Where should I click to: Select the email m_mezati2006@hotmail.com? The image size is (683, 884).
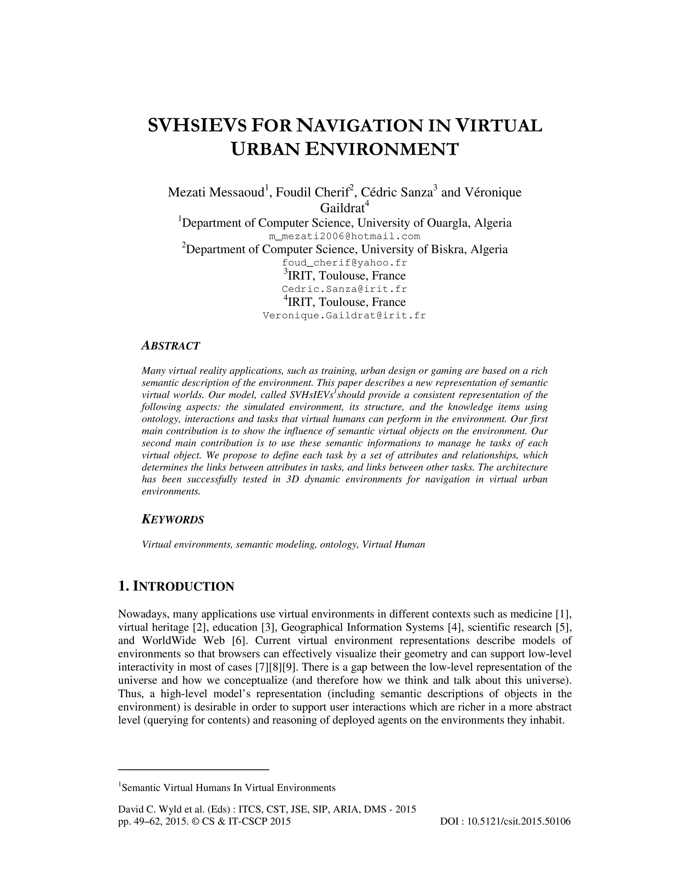pyautogui.click(x=344, y=236)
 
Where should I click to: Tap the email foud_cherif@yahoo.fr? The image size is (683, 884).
pyautogui.click(x=344, y=263)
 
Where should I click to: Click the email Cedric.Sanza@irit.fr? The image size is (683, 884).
pyautogui.click(x=344, y=289)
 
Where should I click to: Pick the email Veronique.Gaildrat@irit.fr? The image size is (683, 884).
pyautogui.click(x=344, y=315)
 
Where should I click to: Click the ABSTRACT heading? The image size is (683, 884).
pyautogui.click(x=171, y=346)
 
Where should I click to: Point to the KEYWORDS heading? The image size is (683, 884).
pyautogui.click(x=173, y=520)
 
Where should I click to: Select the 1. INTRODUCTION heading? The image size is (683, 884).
pyautogui.click(x=176, y=586)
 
